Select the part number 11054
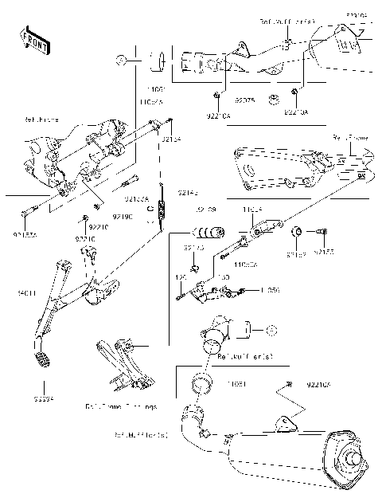(251, 210)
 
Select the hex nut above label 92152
(295, 232)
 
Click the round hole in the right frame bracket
(248, 169)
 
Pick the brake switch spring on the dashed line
(162, 211)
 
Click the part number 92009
(205, 210)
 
